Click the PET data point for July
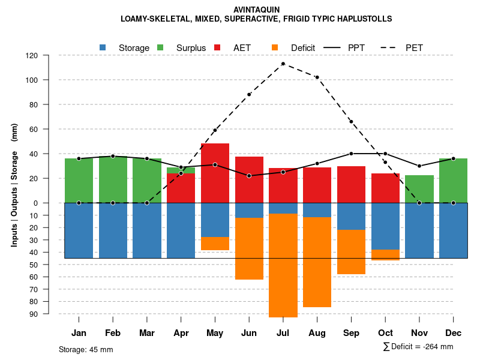pos(283,64)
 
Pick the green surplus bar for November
pos(419,189)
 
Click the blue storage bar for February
pos(113,230)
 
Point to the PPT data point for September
pos(351,154)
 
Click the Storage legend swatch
pos(103,47)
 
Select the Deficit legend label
pos(303,47)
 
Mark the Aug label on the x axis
pos(317,333)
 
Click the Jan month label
pos(79,333)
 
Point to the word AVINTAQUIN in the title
pos(256,10)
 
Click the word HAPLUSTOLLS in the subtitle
pos(365,19)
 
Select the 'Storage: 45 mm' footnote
pos(86,349)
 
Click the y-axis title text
pos(14,185)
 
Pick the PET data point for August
pos(317,77)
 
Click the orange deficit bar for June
pos(249,248)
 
